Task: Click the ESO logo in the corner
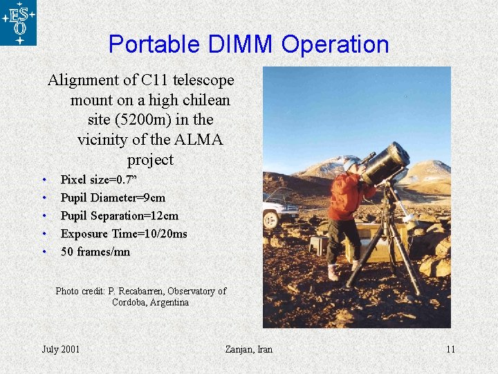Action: [18, 22]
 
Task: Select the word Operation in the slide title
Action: [335, 44]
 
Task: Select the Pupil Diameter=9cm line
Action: [113, 197]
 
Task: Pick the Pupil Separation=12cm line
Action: [119, 215]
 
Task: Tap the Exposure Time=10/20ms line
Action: [124, 233]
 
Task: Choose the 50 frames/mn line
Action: [95, 251]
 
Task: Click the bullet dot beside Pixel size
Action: [44, 180]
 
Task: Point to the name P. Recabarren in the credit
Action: [135, 291]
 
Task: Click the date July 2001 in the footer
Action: [61, 349]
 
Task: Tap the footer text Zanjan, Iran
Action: [249, 349]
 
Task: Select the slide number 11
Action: [450, 349]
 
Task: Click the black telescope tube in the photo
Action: [386, 163]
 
